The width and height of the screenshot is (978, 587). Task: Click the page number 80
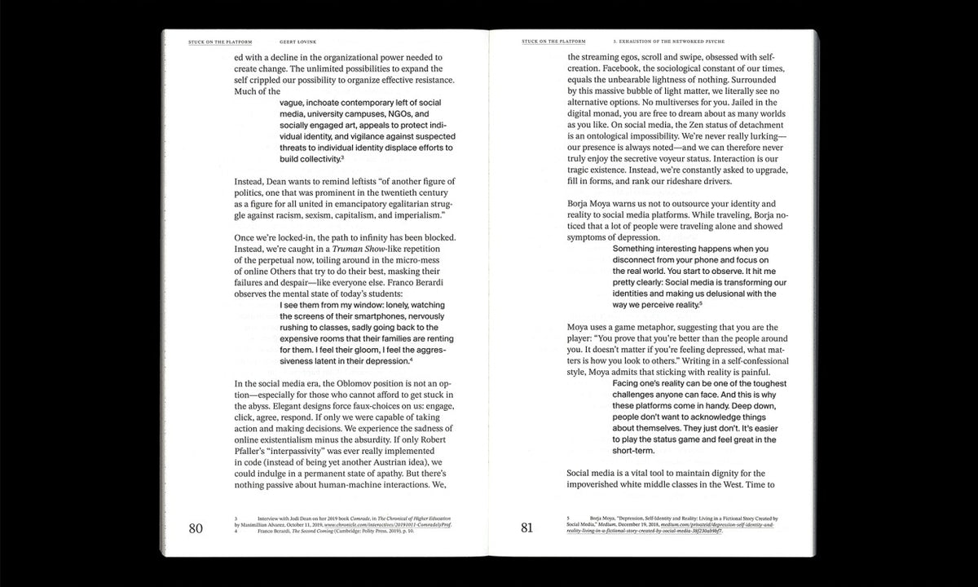coord(196,527)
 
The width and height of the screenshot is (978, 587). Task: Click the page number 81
coord(526,527)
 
